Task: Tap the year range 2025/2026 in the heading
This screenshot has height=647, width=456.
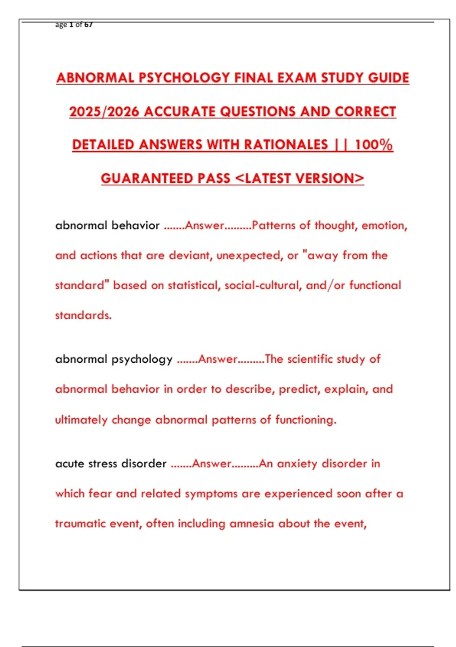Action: point(104,112)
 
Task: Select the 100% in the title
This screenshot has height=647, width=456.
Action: point(374,145)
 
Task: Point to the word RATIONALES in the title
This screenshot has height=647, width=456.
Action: point(286,145)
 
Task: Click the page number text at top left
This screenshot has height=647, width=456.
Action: point(74,25)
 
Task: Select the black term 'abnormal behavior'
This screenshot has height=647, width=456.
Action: point(107,225)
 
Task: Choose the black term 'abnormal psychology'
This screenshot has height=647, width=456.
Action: point(114,359)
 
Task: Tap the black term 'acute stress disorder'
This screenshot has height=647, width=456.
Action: point(111,464)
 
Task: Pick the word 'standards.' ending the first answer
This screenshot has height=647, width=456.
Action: point(83,316)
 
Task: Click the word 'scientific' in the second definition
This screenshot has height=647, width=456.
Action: point(310,359)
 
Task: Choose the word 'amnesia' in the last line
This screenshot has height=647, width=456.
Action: point(252,524)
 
